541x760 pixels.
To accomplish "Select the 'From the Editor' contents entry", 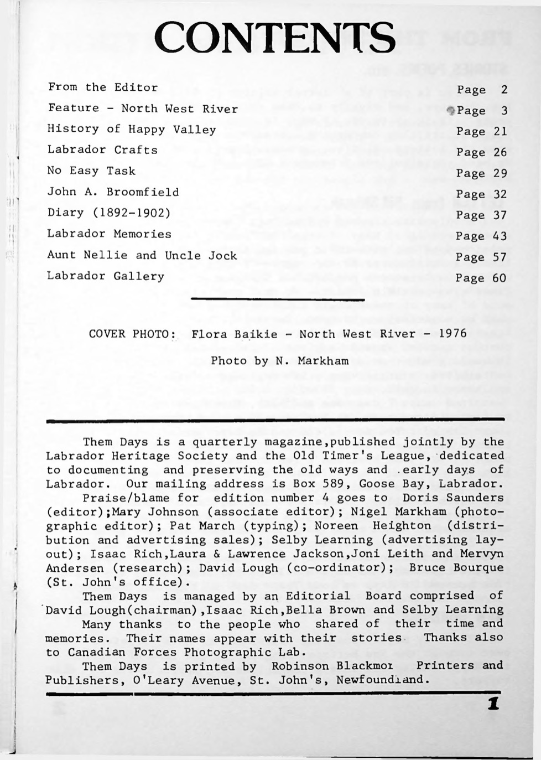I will [103, 87].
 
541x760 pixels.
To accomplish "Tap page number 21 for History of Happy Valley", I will [500, 132].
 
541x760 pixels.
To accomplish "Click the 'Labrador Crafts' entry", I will [102, 150].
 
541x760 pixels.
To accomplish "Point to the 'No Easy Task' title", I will [91, 171].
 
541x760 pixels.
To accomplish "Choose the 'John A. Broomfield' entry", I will [113, 192].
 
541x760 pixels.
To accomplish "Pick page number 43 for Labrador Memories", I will [500, 236].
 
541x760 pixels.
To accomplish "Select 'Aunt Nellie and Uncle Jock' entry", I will [142, 255].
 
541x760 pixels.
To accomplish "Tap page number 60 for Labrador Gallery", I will [500, 278].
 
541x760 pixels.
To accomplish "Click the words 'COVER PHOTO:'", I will [132, 334].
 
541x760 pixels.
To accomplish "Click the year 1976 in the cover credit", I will [452, 334].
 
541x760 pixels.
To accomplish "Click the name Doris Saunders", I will [453, 498].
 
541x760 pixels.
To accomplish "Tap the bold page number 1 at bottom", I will [493, 704].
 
